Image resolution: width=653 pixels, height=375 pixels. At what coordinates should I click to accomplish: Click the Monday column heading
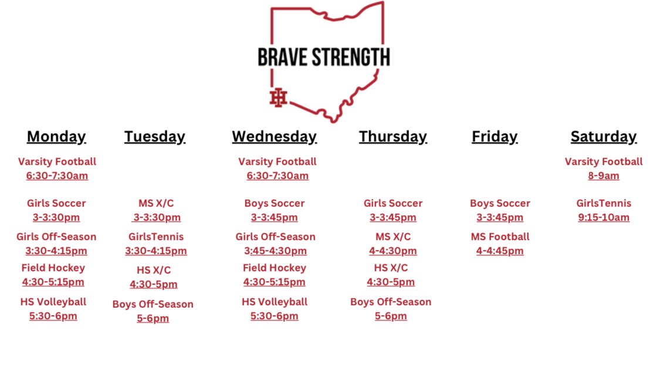click(x=56, y=137)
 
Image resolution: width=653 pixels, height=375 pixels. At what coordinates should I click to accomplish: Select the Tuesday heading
click(x=154, y=137)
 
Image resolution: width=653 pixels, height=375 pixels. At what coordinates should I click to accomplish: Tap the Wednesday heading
click(x=274, y=137)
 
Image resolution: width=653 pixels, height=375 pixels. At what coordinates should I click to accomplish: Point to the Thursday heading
click(x=393, y=137)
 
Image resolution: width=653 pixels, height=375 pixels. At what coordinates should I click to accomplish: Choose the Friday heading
click(x=495, y=137)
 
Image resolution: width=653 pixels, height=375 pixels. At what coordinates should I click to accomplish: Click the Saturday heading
click(x=603, y=137)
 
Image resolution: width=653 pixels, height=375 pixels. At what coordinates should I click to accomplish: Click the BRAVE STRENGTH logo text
click(x=324, y=57)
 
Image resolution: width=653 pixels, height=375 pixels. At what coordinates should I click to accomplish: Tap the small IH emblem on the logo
click(x=278, y=98)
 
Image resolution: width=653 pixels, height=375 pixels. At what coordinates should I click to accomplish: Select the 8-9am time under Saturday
click(x=604, y=175)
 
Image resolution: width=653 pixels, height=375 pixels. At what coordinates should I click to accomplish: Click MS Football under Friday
click(x=500, y=237)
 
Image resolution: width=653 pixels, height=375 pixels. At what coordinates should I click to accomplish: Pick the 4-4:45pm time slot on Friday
click(x=500, y=251)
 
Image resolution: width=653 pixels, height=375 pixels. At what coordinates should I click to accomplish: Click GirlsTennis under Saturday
click(x=604, y=203)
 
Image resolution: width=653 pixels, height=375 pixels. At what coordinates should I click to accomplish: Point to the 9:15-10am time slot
click(x=604, y=218)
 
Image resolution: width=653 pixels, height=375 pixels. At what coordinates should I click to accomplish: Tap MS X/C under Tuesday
click(x=156, y=203)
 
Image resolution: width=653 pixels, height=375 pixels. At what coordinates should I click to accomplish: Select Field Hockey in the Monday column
click(x=53, y=268)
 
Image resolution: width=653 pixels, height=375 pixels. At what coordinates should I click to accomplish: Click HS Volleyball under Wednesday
click(x=275, y=302)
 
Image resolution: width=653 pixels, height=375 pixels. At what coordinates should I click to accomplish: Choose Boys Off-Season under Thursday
click(x=391, y=302)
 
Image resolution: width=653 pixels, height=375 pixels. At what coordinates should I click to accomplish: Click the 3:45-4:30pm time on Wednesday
click(x=275, y=251)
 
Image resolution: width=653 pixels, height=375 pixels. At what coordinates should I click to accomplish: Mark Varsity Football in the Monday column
click(x=57, y=161)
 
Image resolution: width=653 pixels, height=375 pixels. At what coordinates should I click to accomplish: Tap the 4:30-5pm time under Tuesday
click(x=153, y=285)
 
